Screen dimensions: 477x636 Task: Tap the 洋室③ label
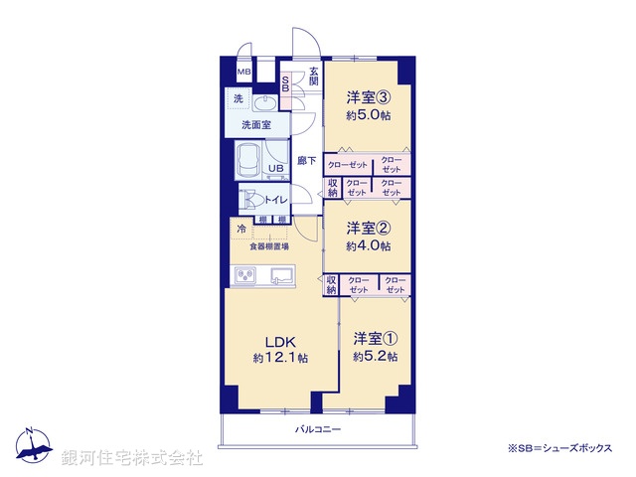pyautogui.click(x=369, y=97)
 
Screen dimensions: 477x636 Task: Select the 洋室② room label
pyautogui.click(x=369, y=228)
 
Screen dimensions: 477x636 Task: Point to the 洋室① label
pyautogui.click(x=376, y=338)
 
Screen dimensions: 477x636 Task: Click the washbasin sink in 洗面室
pyautogui.click(x=266, y=104)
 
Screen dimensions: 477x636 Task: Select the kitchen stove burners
pyautogui.click(x=245, y=275)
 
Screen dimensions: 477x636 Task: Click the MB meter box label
pyautogui.click(x=243, y=73)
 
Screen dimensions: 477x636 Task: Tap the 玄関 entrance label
pyautogui.click(x=313, y=75)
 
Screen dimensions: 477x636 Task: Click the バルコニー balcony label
pyautogui.click(x=318, y=430)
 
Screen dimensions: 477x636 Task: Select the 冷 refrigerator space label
pyautogui.click(x=241, y=230)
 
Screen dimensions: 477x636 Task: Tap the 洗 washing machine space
pyautogui.click(x=238, y=98)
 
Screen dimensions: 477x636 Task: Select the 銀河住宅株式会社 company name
pyautogui.click(x=131, y=458)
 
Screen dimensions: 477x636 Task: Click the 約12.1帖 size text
pyautogui.click(x=279, y=358)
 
